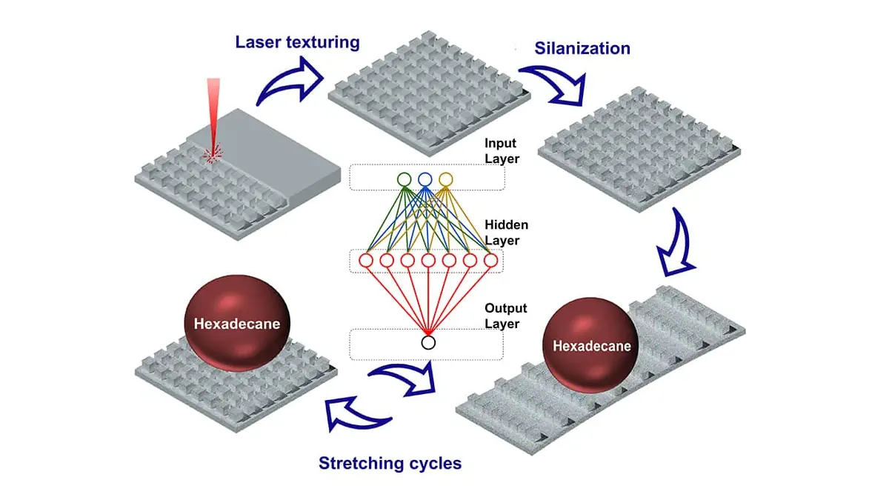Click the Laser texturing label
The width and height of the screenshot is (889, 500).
(x=297, y=41)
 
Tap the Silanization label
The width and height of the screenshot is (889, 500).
(x=582, y=49)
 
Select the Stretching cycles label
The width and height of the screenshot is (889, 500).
(x=390, y=464)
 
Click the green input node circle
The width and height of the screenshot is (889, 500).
(x=404, y=179)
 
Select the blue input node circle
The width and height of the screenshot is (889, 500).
(x=424, y=179)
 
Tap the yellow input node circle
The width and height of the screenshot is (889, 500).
(x=445, y=179)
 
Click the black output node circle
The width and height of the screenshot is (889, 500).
(x=427, y=342)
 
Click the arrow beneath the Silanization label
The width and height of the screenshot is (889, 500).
(x=554, y=83)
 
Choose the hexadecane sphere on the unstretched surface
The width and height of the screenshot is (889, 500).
(x=237, y=323)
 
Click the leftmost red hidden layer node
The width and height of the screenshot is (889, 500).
(x=365, y=261)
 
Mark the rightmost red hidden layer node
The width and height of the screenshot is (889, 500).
(x=490, y=261)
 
